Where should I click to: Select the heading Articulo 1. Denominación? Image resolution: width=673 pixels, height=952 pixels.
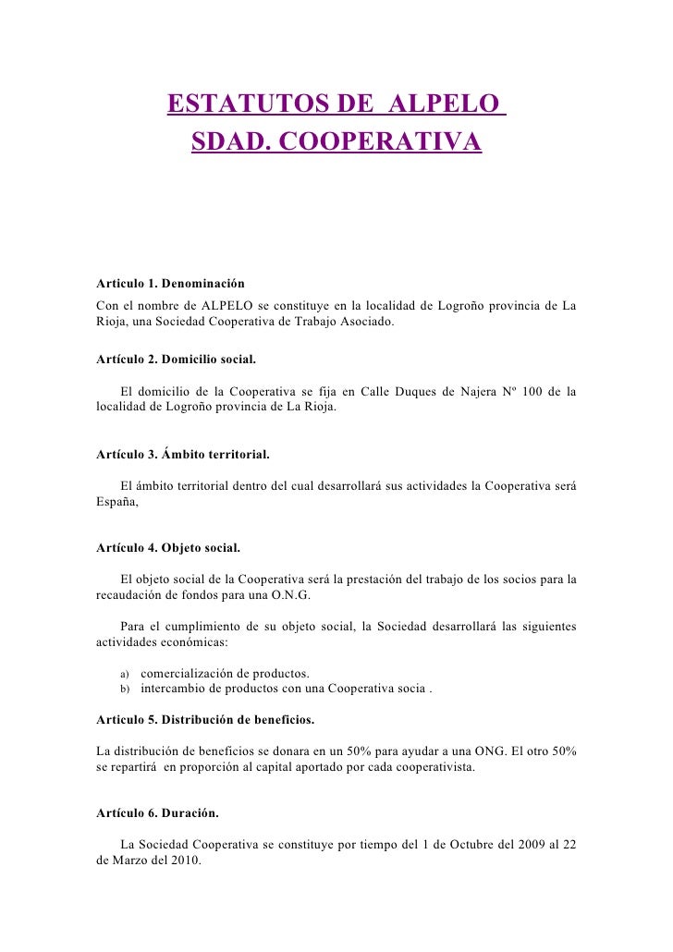[x=170, y=283]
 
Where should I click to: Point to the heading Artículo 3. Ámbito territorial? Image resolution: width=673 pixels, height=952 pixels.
[x=183, y=454]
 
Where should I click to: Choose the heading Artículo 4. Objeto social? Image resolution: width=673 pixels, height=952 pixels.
[x=168, y=548]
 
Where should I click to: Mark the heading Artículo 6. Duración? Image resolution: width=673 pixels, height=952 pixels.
[x=157, y=813]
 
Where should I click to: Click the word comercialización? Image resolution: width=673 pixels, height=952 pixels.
[x=188, y=672]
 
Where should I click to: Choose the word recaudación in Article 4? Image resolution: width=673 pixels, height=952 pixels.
[x=132, y=596]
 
